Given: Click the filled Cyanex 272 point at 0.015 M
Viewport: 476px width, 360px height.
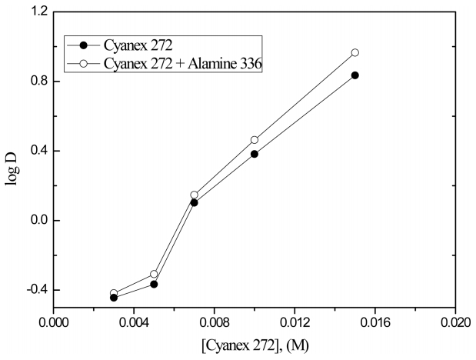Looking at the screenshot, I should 355,75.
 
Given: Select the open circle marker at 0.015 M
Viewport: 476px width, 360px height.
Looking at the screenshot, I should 355,52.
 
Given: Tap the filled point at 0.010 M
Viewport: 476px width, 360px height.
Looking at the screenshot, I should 255,154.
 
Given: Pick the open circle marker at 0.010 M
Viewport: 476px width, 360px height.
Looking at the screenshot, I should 255,140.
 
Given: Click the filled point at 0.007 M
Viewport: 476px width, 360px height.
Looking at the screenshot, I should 194,202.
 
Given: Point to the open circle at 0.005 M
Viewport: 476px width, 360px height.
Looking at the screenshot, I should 154,274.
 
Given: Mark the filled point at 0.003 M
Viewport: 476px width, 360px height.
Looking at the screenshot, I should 114,297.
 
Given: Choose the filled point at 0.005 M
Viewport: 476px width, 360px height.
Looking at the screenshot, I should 154,284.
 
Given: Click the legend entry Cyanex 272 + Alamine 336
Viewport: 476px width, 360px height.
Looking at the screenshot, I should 182,65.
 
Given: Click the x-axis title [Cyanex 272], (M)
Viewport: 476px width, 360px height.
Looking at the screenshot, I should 254,345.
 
